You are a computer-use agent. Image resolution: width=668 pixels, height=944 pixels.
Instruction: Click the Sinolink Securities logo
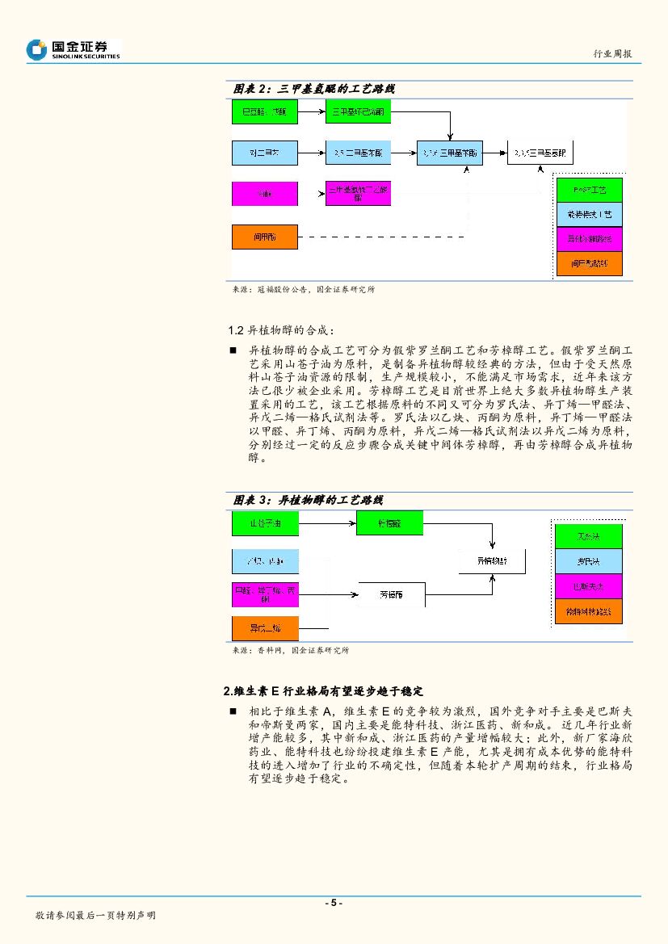pos(73,49)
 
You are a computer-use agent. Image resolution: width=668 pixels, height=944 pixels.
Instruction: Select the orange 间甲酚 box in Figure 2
pos(265,237)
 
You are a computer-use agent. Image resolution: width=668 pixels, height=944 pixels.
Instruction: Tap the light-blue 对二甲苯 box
pos(265,152)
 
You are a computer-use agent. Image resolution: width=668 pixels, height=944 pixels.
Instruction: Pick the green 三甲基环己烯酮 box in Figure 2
pos(358,111)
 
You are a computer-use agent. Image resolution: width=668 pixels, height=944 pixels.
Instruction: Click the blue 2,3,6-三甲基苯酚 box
pos(451,152)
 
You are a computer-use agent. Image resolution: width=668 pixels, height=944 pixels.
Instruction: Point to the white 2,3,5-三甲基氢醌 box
pos(540,152)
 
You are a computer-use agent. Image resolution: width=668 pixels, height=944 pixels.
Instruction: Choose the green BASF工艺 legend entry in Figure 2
pos(589,190)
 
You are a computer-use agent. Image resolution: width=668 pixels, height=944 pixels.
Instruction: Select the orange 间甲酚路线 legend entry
pos(589,263)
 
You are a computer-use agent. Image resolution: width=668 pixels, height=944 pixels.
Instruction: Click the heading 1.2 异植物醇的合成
pos(278,330)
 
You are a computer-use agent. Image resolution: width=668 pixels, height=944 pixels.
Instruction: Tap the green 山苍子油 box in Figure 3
pos(265,524)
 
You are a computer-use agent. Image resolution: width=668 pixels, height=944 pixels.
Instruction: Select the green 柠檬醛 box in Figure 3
pos(389,523)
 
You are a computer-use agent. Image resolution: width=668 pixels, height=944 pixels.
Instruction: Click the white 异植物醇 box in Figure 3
pos(491,560)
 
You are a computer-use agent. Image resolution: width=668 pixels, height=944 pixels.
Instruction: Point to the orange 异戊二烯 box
pos(265,628)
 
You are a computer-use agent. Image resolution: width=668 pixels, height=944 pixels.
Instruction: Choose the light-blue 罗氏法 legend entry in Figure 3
pos(589,561)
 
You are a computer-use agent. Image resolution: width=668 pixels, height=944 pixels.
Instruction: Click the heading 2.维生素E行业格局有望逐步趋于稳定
pos(323,691)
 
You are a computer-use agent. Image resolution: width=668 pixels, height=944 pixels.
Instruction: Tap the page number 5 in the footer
pos(334,903)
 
